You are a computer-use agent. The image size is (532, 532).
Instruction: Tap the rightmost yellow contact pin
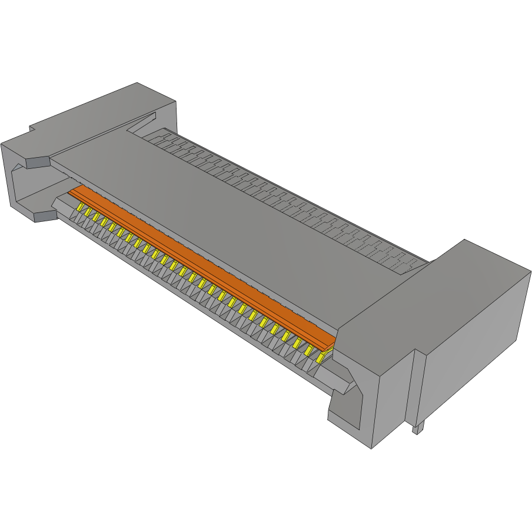point(321,357)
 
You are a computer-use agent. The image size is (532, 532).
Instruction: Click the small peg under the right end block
point(417,429)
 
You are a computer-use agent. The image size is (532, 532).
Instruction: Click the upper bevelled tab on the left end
point(35,162)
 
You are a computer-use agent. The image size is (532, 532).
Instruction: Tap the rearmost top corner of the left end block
point(137,82)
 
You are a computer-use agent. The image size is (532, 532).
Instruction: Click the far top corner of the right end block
point(465,240)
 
